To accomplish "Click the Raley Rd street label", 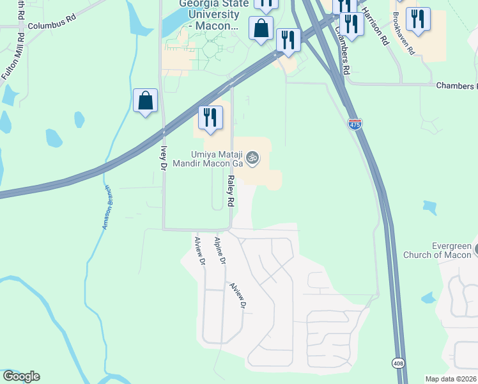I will (x=230, y=192).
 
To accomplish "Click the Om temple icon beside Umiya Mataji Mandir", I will (x=252, y=157).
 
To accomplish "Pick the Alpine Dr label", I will (x=220, y=250).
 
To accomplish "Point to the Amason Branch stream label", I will (x=107, y=208).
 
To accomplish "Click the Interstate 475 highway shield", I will (x=355, y=124).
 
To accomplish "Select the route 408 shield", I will (x=398, y=363).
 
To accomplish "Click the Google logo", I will (x=21, y=376).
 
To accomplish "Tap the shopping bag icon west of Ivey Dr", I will (x=146, y=101).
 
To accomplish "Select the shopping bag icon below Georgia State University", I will (x=261, y=29).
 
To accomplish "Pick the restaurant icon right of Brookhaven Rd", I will (x=419, y=20).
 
